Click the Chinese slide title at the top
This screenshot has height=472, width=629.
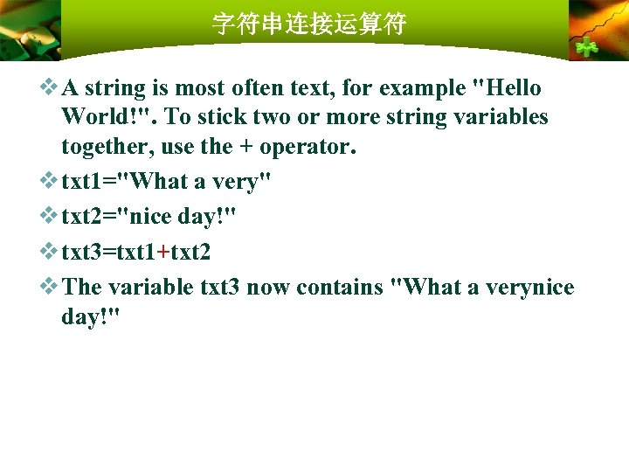coord(309,24)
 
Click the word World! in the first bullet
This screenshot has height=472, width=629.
coord(109,117)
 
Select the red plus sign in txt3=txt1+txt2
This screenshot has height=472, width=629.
coord(163,252)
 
